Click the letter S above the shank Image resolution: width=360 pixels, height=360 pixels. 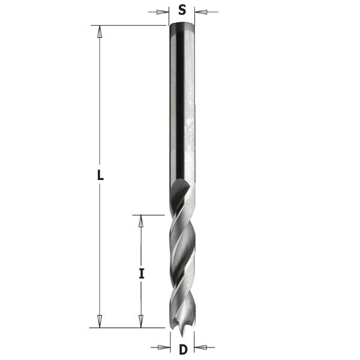[182, 10]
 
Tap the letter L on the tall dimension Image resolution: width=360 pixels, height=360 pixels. [100, 176]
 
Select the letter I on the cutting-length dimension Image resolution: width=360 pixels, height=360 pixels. [142, 274]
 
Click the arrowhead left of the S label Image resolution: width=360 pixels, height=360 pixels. [163, 11]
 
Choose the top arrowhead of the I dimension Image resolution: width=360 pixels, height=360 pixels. [142, 220]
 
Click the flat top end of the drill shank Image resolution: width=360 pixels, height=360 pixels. [182, 25]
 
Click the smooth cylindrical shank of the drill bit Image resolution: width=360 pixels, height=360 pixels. [182, 102]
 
